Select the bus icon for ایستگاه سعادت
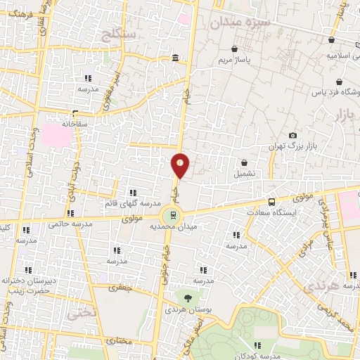(271, 202)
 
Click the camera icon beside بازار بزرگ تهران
(292, 136)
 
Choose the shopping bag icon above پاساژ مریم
(234, 49)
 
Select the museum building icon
(174, 58)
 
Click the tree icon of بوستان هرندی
(186, 298)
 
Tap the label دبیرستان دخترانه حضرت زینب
(27, 285)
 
